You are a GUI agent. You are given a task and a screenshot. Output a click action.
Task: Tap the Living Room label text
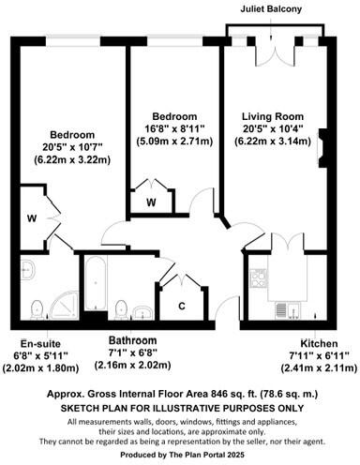pos(277,116)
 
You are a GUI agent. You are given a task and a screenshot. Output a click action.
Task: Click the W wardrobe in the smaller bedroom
pos(151,200)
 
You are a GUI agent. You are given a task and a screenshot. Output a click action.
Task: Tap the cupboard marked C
pos(183,304)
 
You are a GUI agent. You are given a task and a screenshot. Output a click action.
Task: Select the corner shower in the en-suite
pos(62,306)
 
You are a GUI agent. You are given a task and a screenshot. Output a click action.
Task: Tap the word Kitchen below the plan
pos(319,343)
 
